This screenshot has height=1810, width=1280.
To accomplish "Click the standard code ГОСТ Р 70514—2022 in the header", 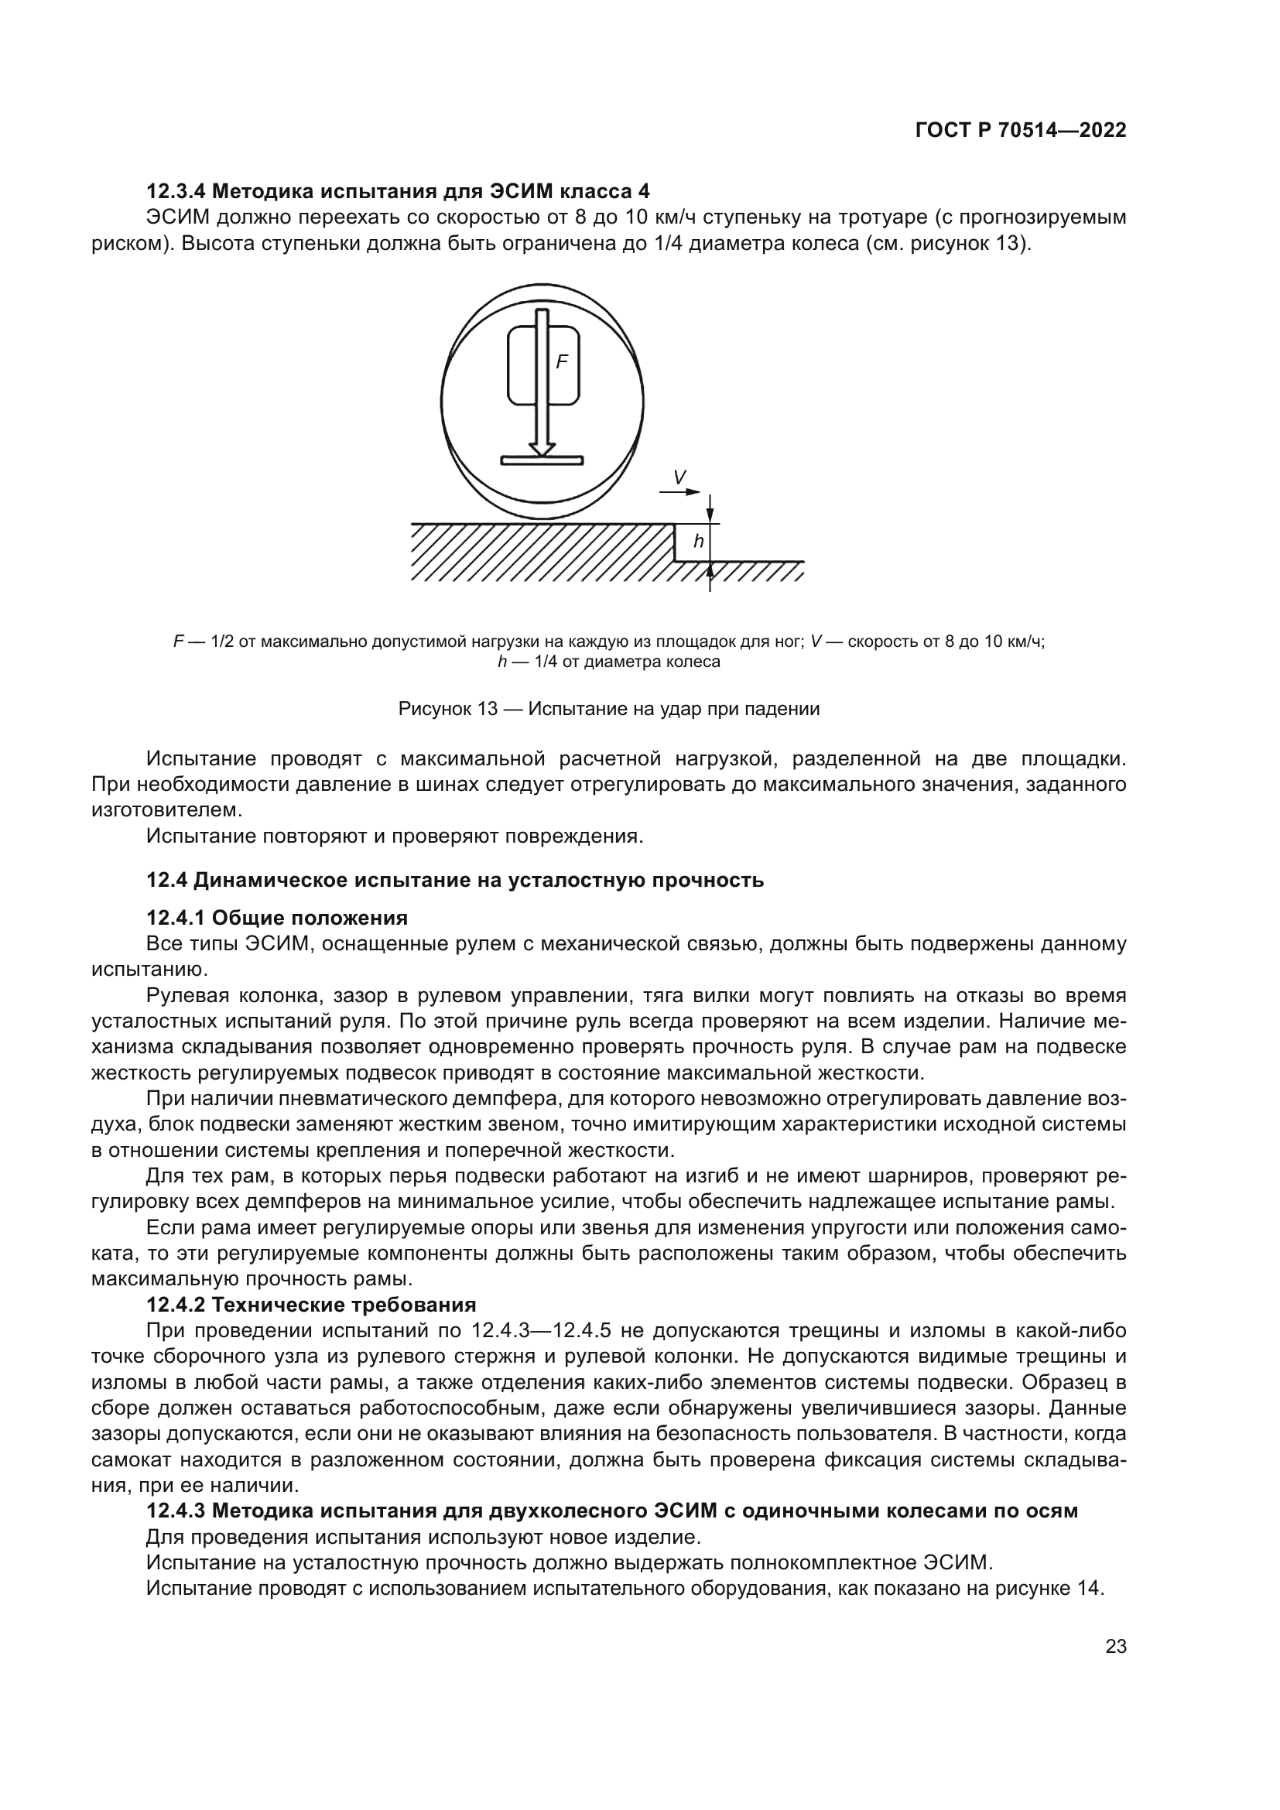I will pos(1021,131).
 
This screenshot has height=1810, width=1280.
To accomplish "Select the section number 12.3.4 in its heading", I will pos(176,192).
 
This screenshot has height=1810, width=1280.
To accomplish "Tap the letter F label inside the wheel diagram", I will pos(561,363).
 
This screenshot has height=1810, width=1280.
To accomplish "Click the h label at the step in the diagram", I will pos(698,542).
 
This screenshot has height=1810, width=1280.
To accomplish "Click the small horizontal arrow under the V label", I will pos(680,492).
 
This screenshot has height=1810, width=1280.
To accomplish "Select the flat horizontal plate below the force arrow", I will pos(542,460).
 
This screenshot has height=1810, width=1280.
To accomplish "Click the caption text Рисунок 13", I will pos(447,709).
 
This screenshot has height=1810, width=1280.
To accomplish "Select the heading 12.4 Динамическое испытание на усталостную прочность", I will pos(455,880).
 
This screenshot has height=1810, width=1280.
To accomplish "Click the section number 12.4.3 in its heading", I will pos(176,1511).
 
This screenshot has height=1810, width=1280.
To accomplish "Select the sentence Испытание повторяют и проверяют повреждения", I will pos(395,836).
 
